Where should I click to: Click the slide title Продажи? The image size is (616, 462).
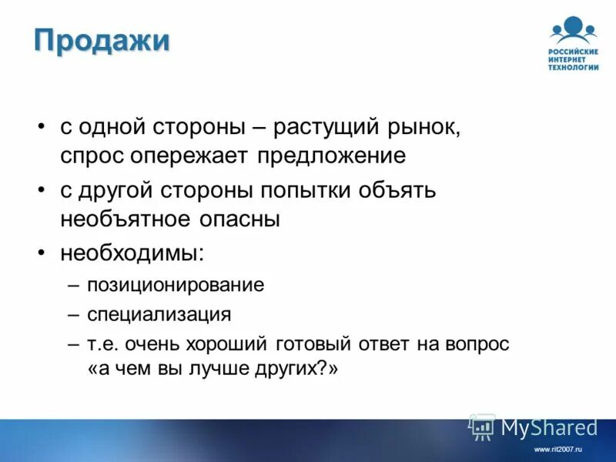pos(102,39)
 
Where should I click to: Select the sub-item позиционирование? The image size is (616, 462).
pos(176,285)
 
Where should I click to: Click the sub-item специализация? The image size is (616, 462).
pos(159,314)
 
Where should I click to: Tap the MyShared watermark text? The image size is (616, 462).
pos(549,427)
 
